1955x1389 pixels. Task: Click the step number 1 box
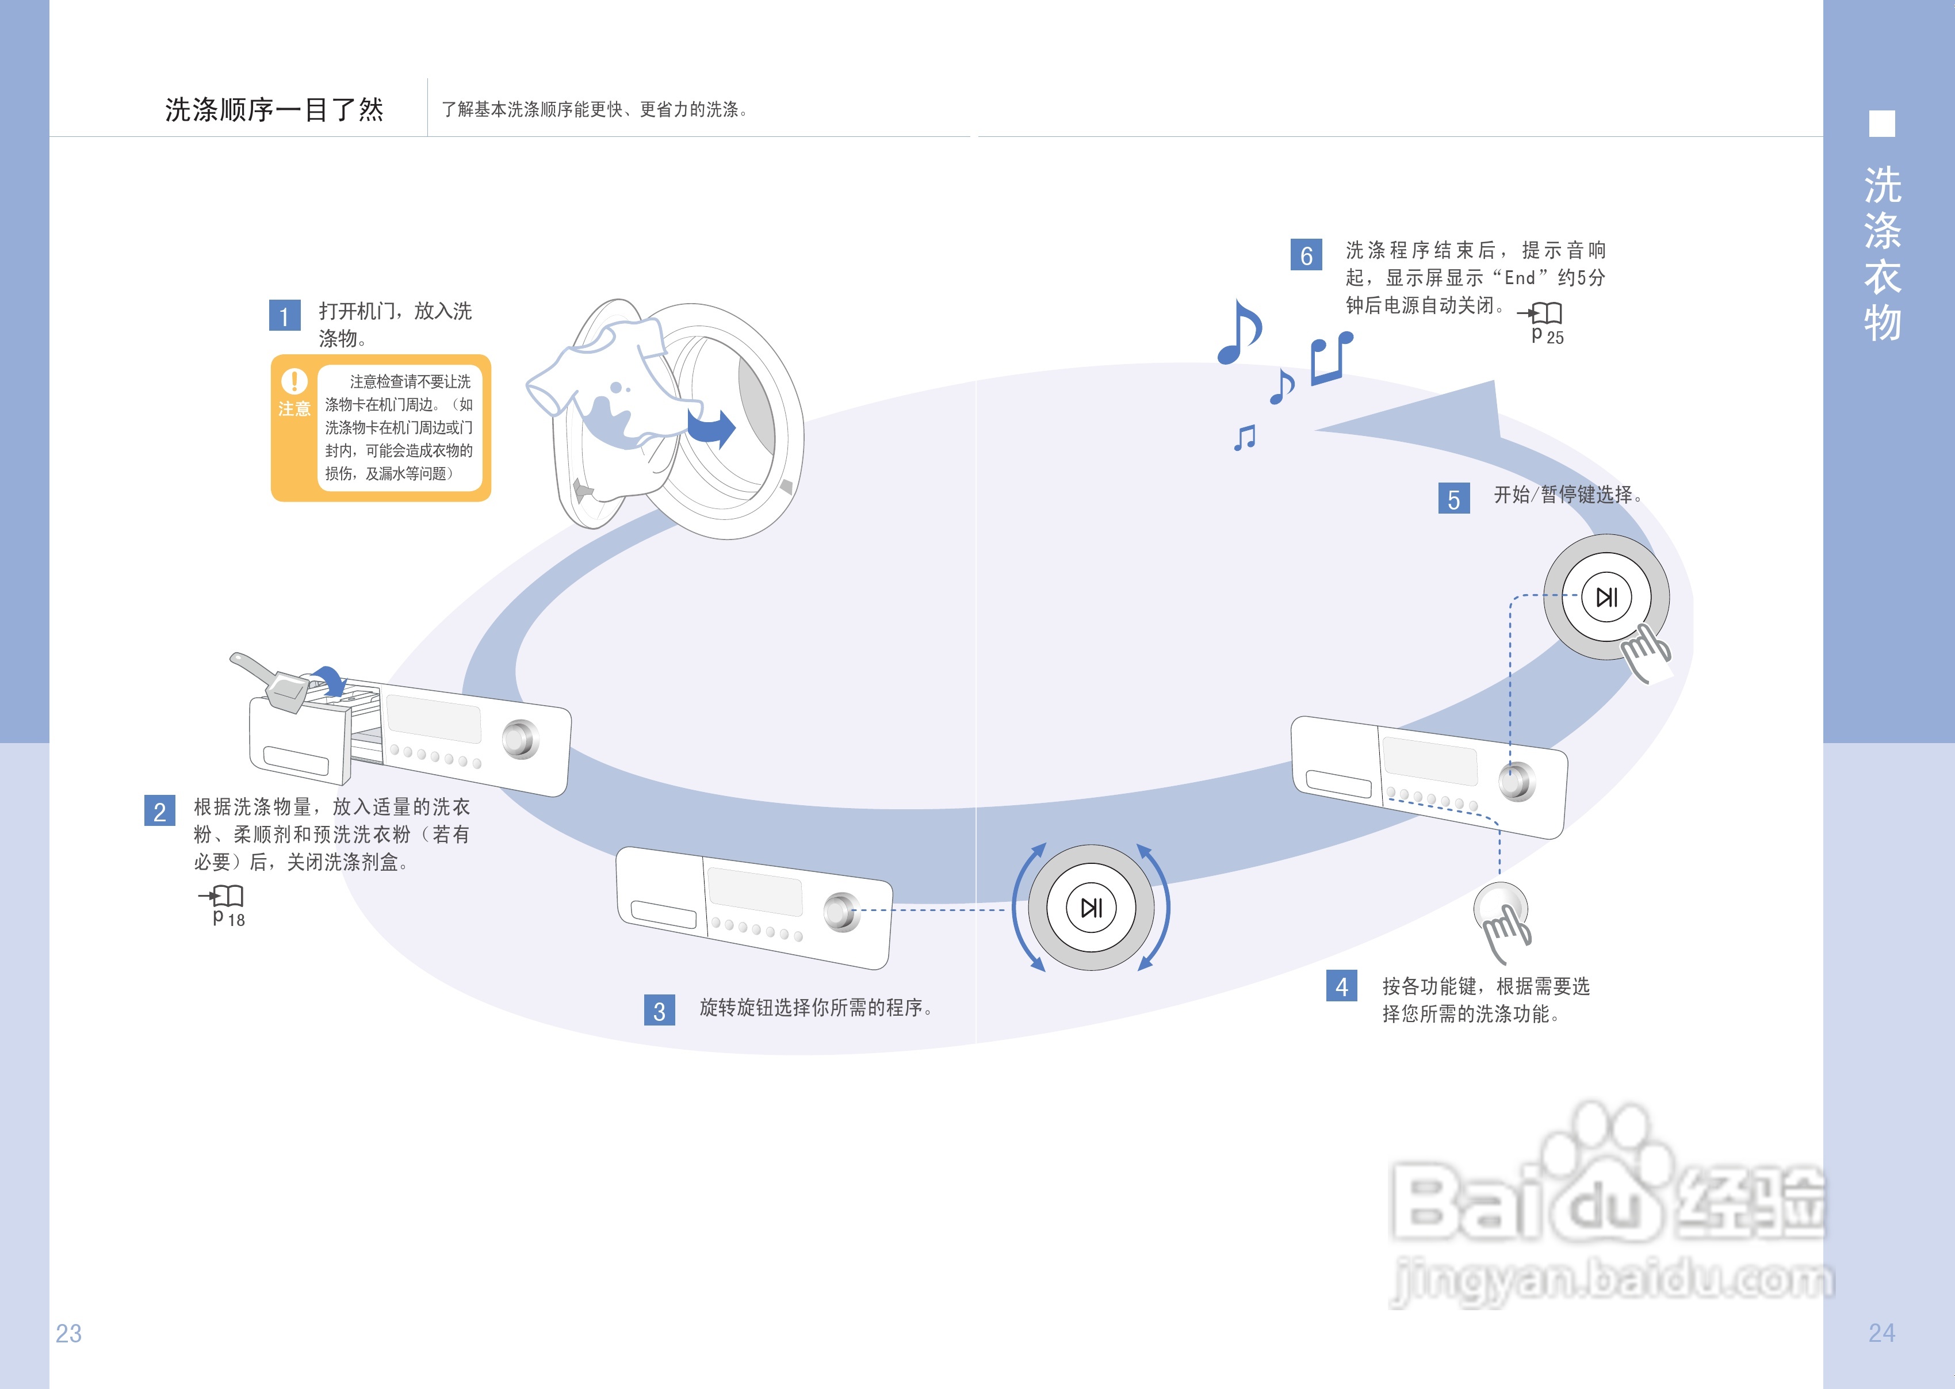tap(284, 316)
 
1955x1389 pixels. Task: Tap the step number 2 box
tap(160, 811)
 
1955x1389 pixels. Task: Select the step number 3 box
tap(659, 1010)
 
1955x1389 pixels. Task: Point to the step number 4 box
tap(1341, 986)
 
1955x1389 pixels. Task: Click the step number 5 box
tap(1454, 499)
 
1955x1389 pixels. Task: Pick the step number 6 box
tap(1306, 255)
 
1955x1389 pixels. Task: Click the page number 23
tap(68, 1333)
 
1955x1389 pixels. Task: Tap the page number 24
tap(1881, 1333)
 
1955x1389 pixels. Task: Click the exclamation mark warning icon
tap(294, 381)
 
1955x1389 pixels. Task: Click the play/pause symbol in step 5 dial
tap(1606, 597)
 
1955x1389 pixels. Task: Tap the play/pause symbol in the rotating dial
tap(1091, 908)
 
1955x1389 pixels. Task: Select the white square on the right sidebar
tap(1881, 124)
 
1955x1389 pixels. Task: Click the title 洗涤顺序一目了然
tap(274, 109)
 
